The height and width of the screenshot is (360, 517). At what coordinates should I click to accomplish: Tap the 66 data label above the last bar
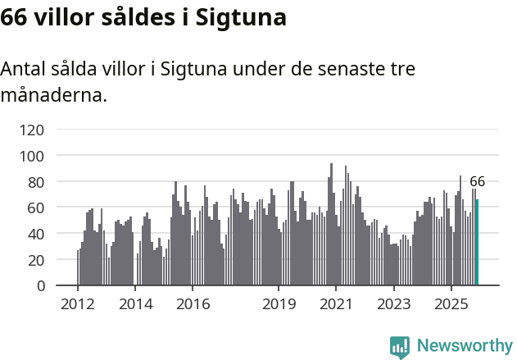tap(477, 182)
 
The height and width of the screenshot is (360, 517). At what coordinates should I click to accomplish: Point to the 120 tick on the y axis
tap(32, 130)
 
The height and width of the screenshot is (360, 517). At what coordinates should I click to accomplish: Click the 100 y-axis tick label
tap(32, 156)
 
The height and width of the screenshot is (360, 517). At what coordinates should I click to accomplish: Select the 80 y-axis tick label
tap(35, 182)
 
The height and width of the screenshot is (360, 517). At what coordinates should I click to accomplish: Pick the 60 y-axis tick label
tap(35, 208)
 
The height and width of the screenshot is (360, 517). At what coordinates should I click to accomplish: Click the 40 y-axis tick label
tap(35, 234)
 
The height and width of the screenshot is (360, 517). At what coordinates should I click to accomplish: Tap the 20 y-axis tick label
tap(35, 260)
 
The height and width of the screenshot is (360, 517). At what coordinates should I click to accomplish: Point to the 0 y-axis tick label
tap(39, 286)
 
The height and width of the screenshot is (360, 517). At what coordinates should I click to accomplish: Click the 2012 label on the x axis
tap(78, 304)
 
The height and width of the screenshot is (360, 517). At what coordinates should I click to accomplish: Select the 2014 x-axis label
tap(135, 304)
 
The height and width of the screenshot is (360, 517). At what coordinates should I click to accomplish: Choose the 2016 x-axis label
tap(193, 304)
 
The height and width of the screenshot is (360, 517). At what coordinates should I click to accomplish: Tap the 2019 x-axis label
tap(279, 304)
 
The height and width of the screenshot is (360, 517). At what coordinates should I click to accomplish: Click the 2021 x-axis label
tap(336, 304)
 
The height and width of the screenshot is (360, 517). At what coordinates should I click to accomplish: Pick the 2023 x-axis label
tap(393, 304)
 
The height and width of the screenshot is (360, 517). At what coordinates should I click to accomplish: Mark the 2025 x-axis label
tap(451, 304)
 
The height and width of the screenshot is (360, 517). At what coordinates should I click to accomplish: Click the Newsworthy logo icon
tap(400, 347)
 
